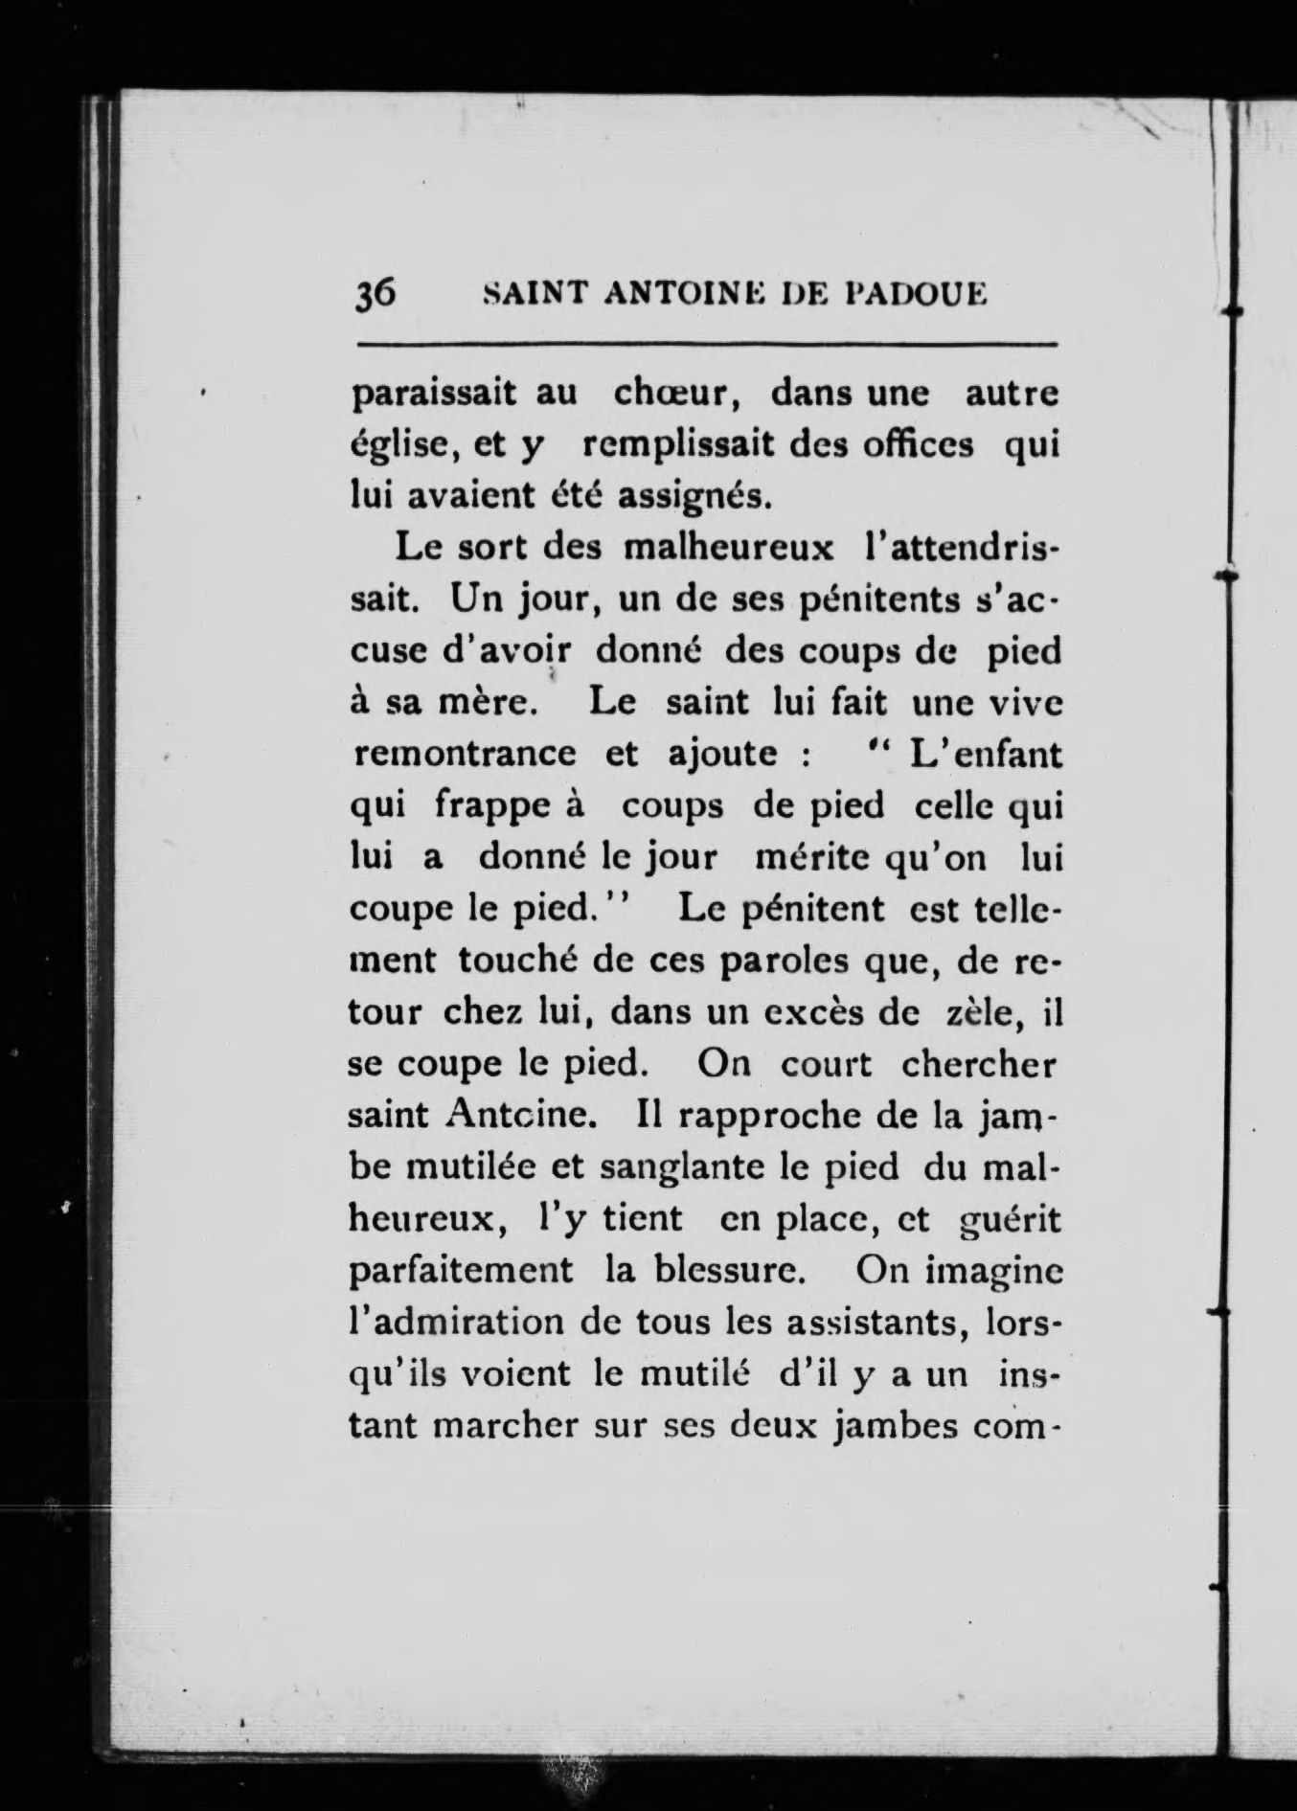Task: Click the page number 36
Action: [375, 293]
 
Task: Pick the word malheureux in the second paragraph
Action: [729, 549]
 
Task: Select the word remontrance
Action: [465, 755]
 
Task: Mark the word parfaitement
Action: [462, 1271]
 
